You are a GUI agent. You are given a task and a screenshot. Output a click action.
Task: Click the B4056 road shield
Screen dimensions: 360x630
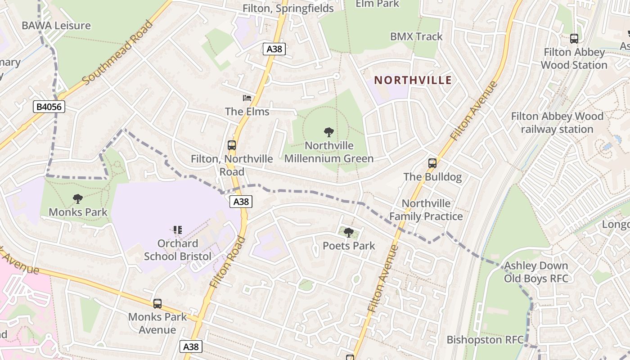click(49, 107)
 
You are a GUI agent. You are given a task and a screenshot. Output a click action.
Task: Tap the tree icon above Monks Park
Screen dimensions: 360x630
click(78, 198)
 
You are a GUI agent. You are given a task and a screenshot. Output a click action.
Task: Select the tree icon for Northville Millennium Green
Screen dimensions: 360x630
click(329, 132)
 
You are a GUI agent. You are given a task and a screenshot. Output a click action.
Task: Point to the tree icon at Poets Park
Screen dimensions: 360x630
click(349, 233)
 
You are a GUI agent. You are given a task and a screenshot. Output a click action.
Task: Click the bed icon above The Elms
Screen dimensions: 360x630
click(247, 98)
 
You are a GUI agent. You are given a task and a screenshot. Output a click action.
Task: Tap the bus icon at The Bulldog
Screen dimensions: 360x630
click(432, 163)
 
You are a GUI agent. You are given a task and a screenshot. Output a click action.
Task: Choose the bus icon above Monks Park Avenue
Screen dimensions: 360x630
click(157, 304)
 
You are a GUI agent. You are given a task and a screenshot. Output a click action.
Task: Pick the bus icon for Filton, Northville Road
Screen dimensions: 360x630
click(232, 145)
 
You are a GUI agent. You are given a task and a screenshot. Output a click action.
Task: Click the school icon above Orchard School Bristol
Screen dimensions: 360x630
click(178, 230)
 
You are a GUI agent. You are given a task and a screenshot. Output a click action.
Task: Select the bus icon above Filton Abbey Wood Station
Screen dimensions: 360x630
click(574, 39)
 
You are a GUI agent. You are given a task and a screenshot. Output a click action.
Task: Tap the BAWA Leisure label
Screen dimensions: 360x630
click(56, 25)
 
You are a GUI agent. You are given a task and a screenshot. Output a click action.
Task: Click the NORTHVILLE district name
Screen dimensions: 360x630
click(413, 80)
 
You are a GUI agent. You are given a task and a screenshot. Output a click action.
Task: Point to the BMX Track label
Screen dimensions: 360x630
click(416, 36)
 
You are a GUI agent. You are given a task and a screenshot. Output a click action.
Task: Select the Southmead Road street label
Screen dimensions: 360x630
click(118, 53)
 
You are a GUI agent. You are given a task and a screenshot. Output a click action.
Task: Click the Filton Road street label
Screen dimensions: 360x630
click(228, 262)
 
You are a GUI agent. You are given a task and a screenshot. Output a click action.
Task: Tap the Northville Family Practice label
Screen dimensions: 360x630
click(426, 210)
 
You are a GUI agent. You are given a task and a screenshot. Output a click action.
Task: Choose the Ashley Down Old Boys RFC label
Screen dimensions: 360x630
click(535, 272)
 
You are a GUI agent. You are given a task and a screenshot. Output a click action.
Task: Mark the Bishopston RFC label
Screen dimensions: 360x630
click(485, 339)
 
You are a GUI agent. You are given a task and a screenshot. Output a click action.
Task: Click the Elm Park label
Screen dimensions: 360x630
click(377, 4)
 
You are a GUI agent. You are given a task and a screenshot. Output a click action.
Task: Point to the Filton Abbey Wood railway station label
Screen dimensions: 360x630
click(557, 123)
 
